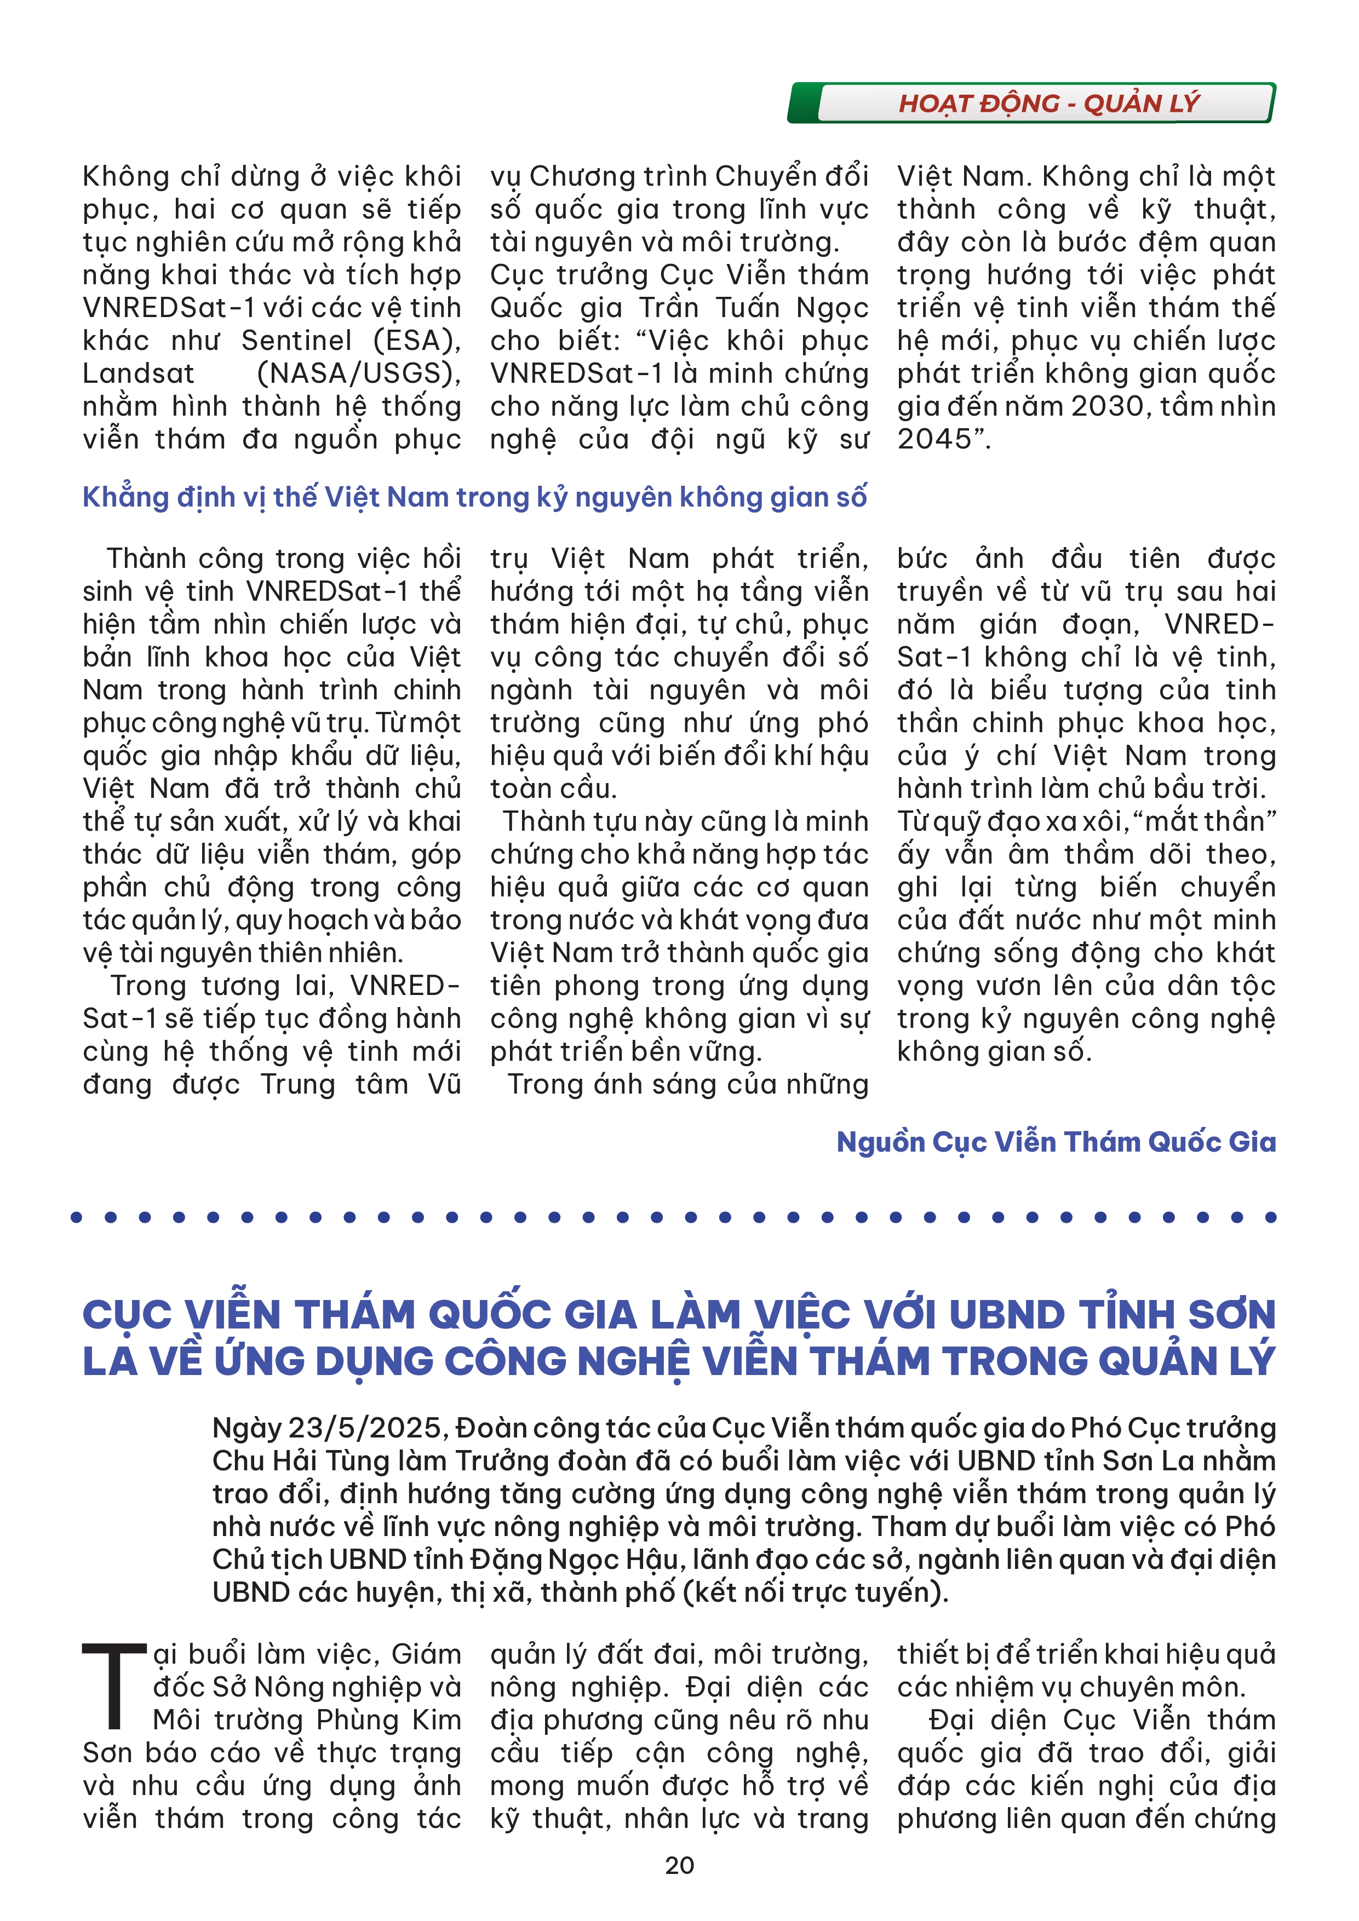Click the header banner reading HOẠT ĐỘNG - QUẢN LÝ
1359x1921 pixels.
(x=1048, y=103)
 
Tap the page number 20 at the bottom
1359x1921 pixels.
(x=679, y=1865)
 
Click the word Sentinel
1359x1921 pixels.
(x=296, y=341)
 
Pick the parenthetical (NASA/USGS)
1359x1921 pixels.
(x=359, y=373)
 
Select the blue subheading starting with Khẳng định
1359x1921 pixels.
(x=474, y=497)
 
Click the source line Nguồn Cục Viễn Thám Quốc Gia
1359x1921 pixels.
(x=1056, y=1142)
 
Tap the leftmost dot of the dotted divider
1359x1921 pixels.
(x=77, y=1217)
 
